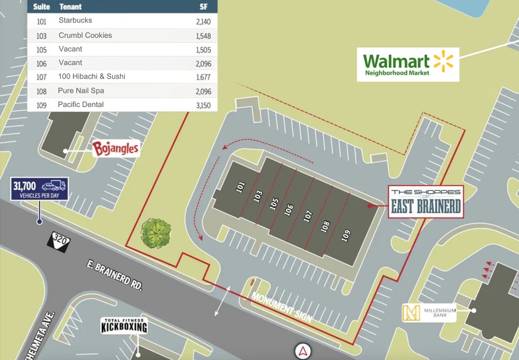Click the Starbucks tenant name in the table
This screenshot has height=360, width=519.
[75, 21]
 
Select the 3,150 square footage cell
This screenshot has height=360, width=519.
[202, 105]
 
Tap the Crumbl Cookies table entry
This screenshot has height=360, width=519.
[85, 36]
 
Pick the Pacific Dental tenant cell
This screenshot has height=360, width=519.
[81, 105]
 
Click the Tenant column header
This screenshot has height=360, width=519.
[70, 7]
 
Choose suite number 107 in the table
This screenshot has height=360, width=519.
[42, 77]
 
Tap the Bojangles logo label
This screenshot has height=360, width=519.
[116, 149]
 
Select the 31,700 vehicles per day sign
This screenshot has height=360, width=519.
[39, 189]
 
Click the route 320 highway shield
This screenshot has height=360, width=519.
[60, 239]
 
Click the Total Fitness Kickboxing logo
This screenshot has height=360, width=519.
[124, 326]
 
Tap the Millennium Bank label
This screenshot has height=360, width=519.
[429, 313]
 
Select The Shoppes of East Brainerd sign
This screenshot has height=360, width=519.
[426, 202]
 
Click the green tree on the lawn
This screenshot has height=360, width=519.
[156, 233]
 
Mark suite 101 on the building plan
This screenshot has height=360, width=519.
[240, 186]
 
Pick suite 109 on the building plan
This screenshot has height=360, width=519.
[346, 235]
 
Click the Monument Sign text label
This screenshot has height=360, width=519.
[282, 307]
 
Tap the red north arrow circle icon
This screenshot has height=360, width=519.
[303, 351]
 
